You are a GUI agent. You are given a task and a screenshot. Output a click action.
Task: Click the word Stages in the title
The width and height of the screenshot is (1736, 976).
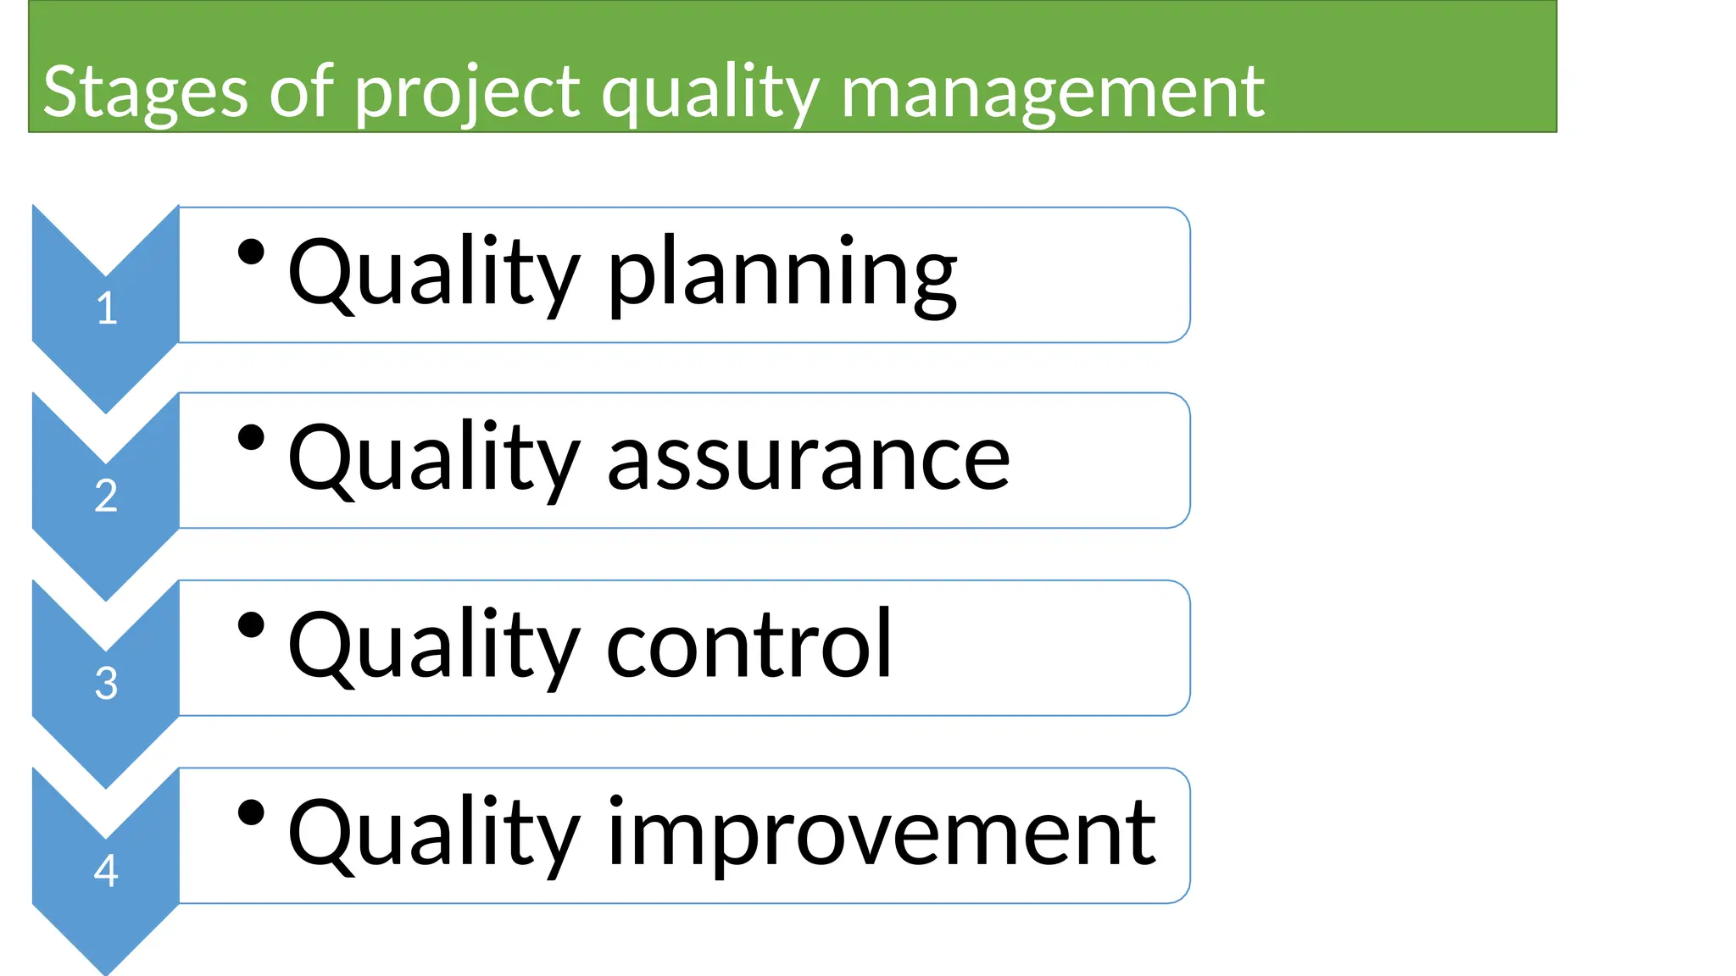point(145,91)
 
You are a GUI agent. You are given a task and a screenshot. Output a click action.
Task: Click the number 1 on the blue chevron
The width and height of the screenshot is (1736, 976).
point(106,308)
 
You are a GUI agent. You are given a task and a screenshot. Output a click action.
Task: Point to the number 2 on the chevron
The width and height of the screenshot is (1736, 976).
point(106,496)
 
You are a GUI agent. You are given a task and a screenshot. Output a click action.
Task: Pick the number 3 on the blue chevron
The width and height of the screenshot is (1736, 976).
point(106,683)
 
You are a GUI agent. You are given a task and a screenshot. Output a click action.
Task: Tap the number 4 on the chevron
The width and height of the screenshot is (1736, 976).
point(106,870)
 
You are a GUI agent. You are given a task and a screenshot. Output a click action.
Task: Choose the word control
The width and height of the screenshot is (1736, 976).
point(749,646)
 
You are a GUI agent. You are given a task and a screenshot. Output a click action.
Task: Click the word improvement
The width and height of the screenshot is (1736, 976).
point(882,834)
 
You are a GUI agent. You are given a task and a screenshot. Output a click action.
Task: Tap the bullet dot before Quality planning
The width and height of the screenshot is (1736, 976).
point(251,252)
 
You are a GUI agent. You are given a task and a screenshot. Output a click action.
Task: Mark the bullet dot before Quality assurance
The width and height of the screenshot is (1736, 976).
point(251,438)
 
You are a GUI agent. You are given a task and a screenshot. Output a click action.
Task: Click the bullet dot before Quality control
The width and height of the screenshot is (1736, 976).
point(251,625)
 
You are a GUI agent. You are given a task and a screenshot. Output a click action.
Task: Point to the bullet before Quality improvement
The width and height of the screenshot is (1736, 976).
point(251,812)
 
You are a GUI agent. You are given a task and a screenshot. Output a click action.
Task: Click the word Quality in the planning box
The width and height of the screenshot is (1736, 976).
point(433,273)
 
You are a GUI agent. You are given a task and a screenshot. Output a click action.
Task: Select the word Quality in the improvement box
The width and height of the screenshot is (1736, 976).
point(433,834)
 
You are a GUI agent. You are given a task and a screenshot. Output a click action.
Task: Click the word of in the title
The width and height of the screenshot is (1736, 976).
point(301,91)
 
